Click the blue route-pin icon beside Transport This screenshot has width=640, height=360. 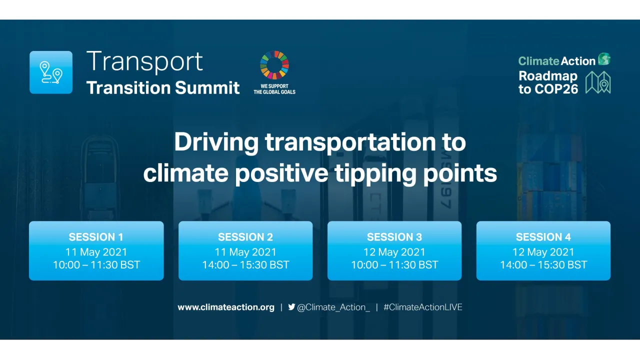tap(51, 72)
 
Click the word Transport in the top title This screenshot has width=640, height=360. tap(144, 61)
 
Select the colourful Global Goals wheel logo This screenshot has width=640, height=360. tap(274, 65)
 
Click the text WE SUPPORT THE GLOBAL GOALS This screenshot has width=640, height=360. tap(274, 89)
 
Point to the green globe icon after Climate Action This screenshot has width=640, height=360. tap(604, 59)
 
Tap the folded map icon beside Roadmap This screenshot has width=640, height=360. tap(598, 82)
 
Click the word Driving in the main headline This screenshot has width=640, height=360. tap(216, 142)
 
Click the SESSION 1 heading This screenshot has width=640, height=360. tap(96, 237)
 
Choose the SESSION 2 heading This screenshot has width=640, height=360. tap(245, 237)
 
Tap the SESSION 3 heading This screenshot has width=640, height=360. tap(394, 237)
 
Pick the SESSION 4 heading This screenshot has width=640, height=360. tap(543, 237)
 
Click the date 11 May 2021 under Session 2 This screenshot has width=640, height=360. tap(245, 252)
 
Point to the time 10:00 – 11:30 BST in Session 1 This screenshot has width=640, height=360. tap(96, 265)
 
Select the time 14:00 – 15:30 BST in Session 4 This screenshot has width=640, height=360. tap(543, 265)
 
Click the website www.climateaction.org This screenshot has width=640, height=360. tap(226, 307)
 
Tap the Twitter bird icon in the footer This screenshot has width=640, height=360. tap(291, 307)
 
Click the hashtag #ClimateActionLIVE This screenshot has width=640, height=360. tap(423, 307)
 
